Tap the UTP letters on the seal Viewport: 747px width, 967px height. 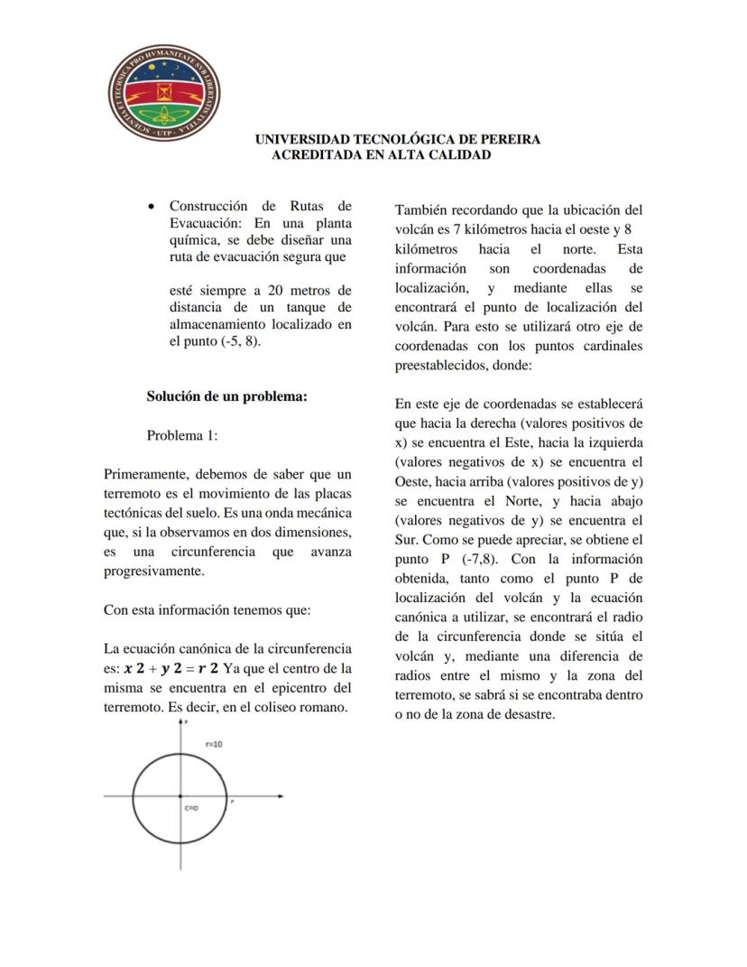coord(165,134)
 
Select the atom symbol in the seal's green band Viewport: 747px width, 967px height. coord(164,115)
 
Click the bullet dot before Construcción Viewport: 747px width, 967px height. coord(152,207)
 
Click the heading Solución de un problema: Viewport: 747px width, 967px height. coord(226,395)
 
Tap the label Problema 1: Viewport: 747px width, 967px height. coord(182,435)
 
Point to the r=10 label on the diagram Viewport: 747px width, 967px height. coord(214,745)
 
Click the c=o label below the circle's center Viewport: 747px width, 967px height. coord(191,808)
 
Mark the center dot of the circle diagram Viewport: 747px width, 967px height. coord(182,796)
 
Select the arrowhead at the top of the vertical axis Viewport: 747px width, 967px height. coord(182,724)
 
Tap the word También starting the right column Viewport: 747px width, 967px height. coord(422,209)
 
